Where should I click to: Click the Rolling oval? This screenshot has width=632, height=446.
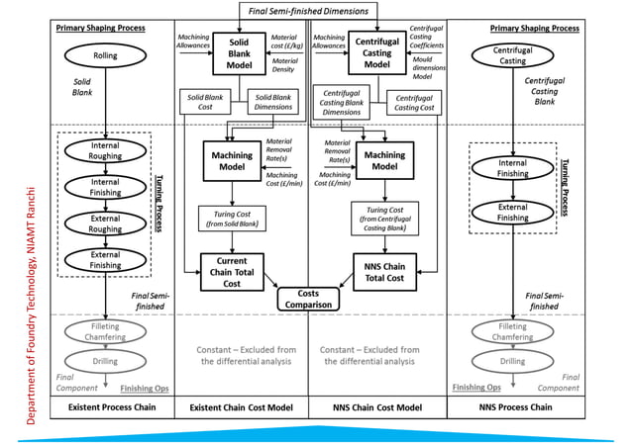[104, 55]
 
